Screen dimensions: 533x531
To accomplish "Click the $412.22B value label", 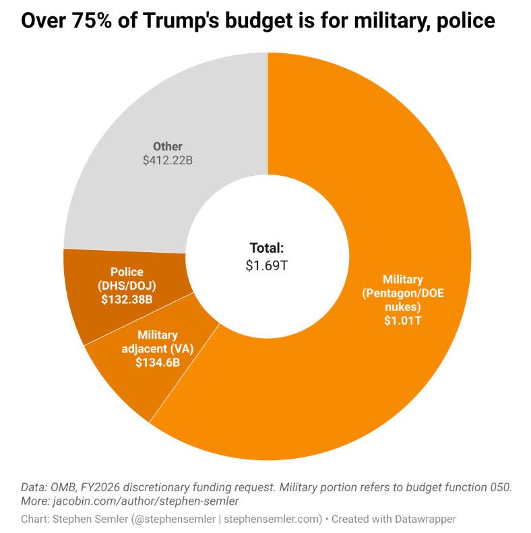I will (168, 161).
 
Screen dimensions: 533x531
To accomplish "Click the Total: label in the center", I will (267, 247).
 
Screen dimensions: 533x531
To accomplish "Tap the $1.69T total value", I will (267, 265).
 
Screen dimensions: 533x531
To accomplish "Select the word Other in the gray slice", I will (168, 146).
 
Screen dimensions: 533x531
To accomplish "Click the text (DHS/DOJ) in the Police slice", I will (127, 285).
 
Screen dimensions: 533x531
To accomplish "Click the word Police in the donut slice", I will (127, 272).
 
